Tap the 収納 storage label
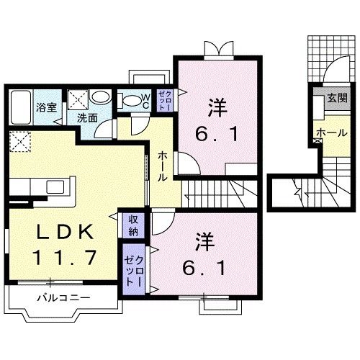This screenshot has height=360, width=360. coord(134,225)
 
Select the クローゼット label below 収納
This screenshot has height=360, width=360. coord(130,268)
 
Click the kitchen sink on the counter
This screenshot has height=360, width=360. coord(56,187)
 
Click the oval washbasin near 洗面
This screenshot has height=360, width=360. coord(102,99)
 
